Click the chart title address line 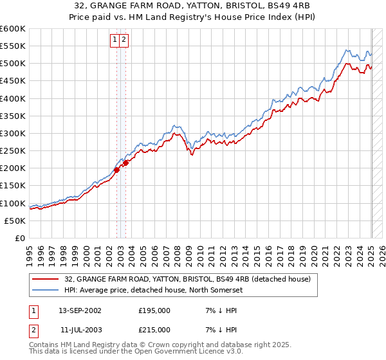tap(192, 6)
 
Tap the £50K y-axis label tap(15, 221)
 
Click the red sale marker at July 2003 tap(126, 163)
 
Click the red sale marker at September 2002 tap(117, 170)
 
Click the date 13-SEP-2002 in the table tap(80, 310)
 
